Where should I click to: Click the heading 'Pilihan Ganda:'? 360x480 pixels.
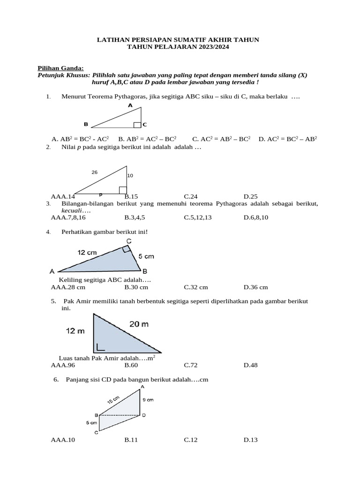tap(60, 68)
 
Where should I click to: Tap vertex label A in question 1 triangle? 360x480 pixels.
tap(130, 106)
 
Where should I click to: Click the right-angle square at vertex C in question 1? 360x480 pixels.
tap(137, 125)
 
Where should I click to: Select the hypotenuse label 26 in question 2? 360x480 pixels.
tap(95, 172)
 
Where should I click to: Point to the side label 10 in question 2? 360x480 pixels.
tap(130, 175)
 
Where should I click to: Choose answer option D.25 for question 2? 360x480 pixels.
tap(251, 196)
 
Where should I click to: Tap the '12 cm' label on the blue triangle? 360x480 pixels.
tap(87, 252)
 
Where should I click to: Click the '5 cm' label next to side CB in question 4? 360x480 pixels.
tap(146, 256)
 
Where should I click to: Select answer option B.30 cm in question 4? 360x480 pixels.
tap(136, 287)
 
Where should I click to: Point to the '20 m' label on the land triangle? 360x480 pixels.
tap(139, 324)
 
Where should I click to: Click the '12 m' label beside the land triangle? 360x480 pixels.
tap(75, 331)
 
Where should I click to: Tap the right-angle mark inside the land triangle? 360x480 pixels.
tap(100, 347)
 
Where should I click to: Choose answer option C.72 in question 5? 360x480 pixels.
tap(190, 365)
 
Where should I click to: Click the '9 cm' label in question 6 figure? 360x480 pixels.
tap(148, 400)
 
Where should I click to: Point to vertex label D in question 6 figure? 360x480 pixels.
tap(143, 415)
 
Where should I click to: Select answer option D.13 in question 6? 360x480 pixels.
tap(251, 440)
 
